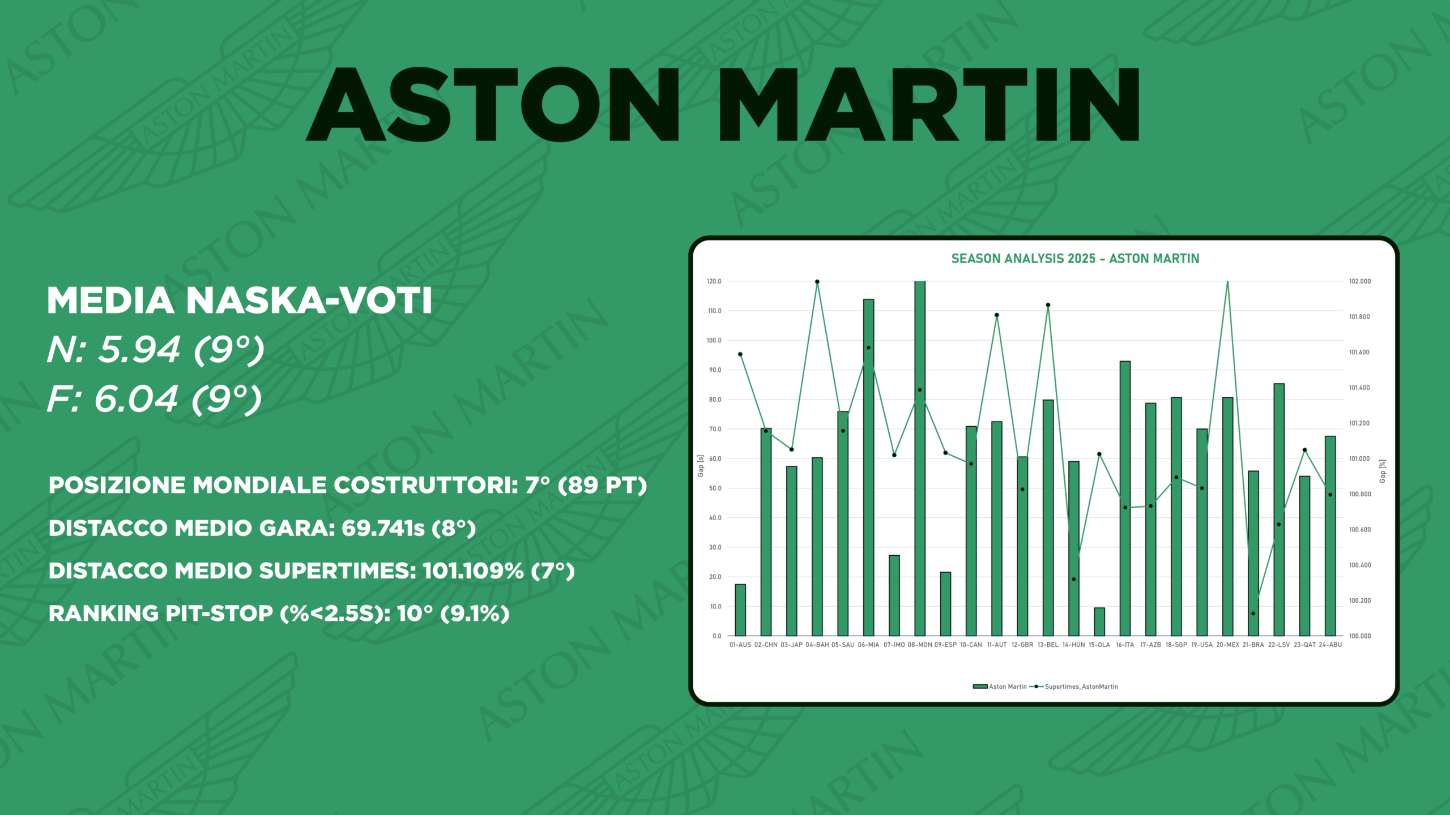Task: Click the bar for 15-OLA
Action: click(1099, 621)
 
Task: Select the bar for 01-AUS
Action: click(740, 610)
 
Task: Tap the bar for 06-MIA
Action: click(868, 467)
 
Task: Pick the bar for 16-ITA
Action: click(1125, 498)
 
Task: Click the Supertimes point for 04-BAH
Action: click(817, 282)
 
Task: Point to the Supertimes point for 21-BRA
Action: click(1253, 614)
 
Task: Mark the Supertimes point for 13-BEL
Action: click(1048, 305)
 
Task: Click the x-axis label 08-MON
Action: click(919, 645)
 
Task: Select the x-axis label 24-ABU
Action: click(1330, 645)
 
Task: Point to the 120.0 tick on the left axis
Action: click(714, 281)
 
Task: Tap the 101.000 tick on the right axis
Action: click(1359, 459)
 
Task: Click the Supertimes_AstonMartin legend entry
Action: click(1081, 687)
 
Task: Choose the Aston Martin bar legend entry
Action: click(1007, 687)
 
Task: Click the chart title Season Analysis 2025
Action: click(1075, 259)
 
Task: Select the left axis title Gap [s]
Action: click(701, 466)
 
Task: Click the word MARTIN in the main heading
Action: click(929, 105)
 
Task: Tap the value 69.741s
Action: click(383, 528)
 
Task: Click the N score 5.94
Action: click(139, 349)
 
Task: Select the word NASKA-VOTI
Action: click(309, 300)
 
